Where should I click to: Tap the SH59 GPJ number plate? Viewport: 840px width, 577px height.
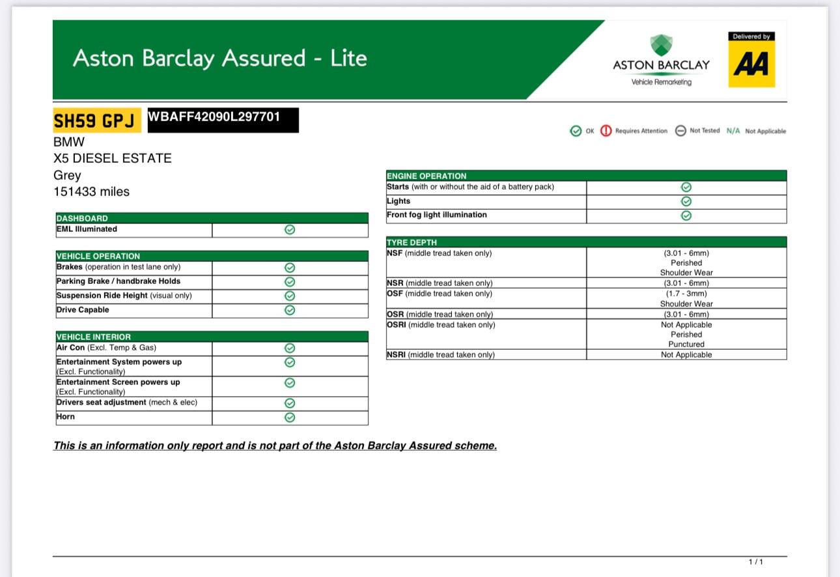[96, 120]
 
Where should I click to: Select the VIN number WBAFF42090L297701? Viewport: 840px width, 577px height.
[214, 117]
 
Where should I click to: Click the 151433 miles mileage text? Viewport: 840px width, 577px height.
[91, 191]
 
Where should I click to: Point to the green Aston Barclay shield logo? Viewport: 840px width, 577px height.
[662, 46]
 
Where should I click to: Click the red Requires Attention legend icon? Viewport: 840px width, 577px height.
[606, 131]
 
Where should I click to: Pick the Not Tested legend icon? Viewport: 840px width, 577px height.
[680, 131]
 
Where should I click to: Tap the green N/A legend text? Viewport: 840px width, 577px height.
[733, 131]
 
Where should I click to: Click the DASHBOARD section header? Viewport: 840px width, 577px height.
[82, 218]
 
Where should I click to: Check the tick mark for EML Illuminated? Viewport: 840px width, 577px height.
[290, 230]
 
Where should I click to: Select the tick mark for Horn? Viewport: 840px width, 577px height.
[290, 417]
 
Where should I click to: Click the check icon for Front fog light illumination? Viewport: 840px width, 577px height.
[686, 216]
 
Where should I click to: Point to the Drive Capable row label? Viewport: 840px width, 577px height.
[83, 310]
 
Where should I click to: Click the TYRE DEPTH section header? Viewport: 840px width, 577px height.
[412, 242]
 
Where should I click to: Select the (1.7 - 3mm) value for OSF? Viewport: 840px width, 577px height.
[686, 294]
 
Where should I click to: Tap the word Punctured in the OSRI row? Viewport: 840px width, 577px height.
[686, 344]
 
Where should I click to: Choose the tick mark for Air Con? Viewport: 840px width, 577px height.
[290, 348]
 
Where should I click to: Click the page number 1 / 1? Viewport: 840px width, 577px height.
[755, 562]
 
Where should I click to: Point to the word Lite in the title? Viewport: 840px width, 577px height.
[348, 58]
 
